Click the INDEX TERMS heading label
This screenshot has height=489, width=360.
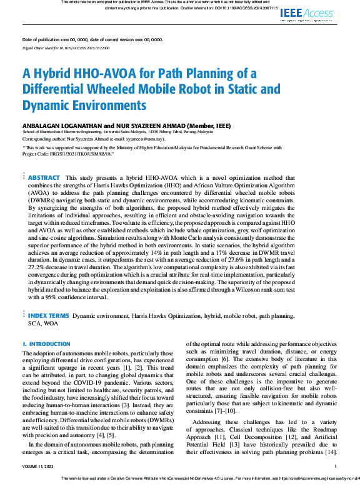coord(47,316)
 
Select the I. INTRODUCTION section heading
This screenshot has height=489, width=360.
coord(46,344)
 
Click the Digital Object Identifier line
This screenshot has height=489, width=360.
coord(61,47)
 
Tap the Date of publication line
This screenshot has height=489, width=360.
coord(92,39)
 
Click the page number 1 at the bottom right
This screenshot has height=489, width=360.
coord(336,466)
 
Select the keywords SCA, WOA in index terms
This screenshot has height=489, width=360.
coord(43,324)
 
